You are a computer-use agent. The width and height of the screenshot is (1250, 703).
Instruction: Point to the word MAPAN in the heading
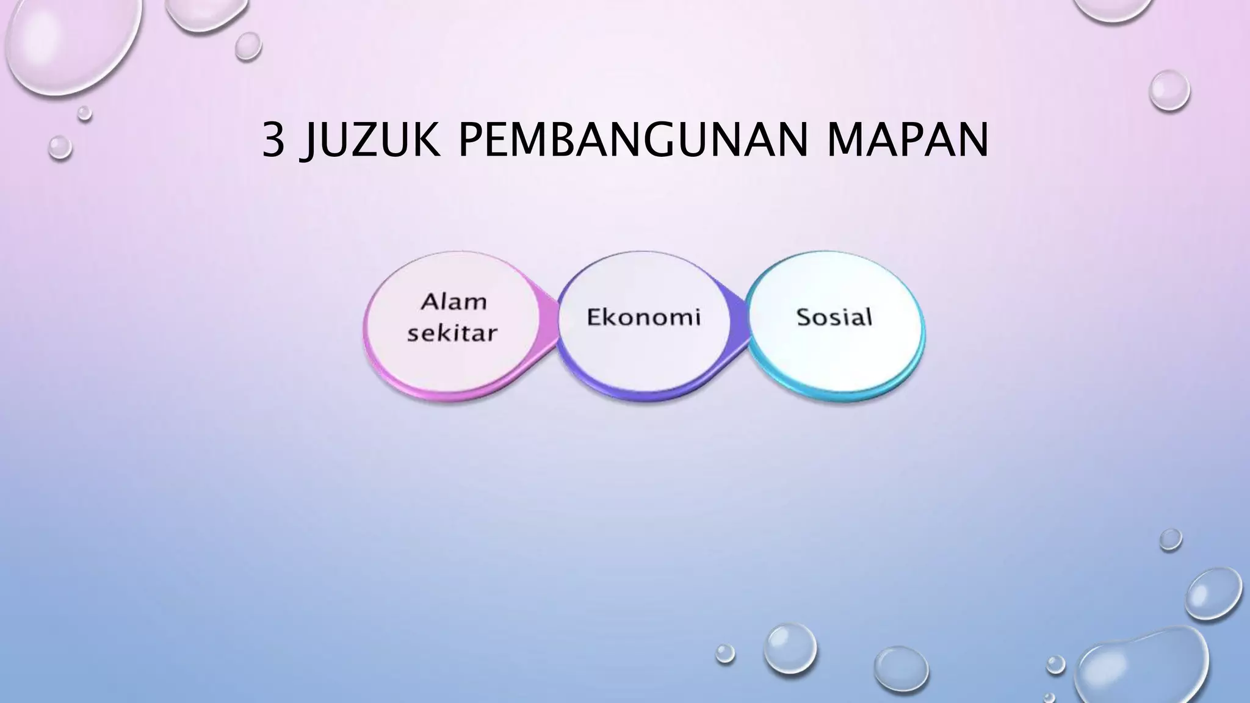coord(908,140)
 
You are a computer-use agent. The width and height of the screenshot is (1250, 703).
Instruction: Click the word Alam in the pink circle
coord(454,301)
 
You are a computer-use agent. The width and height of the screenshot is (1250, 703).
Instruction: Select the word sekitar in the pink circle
coord(452,334)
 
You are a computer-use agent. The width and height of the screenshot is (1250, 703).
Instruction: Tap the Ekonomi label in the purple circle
coord(643,317)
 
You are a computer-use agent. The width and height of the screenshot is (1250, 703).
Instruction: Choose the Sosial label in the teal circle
coord(834,317)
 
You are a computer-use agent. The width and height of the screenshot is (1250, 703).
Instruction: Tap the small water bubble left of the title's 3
coord(60,147)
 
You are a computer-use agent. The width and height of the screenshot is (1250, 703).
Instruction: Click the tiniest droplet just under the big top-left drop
coord(84,113)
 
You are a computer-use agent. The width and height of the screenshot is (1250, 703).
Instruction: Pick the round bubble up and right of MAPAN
coord(1169,90)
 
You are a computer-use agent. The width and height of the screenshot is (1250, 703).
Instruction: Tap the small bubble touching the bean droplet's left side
coord(1055,664)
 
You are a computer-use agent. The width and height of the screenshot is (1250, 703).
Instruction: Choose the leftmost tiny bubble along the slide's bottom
coord(724,653)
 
